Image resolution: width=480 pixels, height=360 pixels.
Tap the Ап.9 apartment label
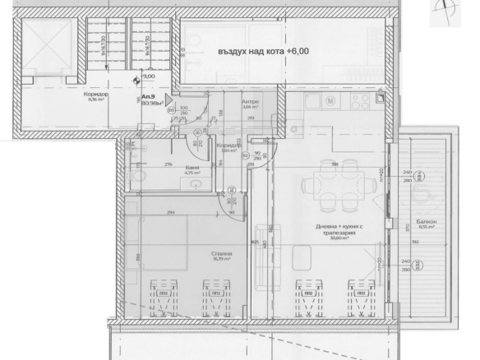click(149, 96)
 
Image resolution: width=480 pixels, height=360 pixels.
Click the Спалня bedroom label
click(222, 254)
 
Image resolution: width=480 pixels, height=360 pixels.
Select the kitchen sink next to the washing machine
click(307, 103)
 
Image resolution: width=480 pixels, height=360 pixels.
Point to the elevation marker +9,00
click(148, 76)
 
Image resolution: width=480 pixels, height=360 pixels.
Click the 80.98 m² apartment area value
click(151, 104)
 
